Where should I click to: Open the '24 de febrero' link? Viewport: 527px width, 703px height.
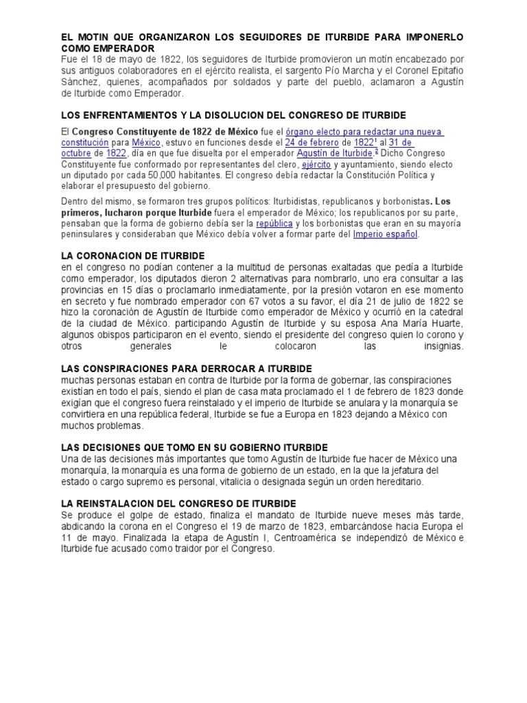point(312,142)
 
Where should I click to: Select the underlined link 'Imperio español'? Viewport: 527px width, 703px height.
point(386,233)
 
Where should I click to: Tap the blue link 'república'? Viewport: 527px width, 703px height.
point(274,223)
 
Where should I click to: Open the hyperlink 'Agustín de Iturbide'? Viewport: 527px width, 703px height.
point(333,153)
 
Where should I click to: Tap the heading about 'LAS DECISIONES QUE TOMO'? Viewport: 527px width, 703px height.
point(185,447)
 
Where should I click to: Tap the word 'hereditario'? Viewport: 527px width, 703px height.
point(397,481)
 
